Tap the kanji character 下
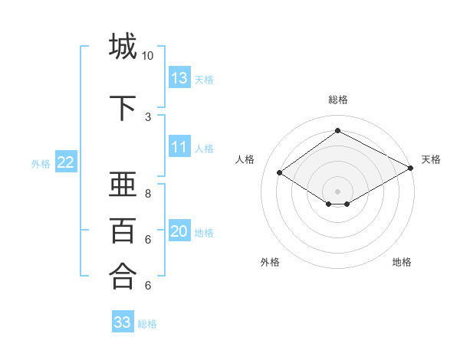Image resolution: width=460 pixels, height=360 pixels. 123,108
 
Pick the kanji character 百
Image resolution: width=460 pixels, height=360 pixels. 123,230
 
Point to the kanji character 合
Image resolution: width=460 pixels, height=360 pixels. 123,276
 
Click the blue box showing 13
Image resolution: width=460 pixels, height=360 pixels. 179,78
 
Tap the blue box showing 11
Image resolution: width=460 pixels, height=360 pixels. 179,147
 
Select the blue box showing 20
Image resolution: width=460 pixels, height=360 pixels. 179,232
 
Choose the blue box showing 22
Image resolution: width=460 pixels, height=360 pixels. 66,162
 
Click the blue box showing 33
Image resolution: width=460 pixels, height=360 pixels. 123,322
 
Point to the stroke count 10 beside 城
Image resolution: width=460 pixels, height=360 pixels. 147,56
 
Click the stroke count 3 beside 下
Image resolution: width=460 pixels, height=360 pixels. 147,116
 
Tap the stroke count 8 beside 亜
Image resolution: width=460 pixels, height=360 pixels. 147,194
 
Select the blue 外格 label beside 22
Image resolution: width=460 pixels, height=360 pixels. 41,163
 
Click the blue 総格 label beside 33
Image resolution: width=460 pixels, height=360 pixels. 147,324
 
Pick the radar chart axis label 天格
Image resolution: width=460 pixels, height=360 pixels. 431,159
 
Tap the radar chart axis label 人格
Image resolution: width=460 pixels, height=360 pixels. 245,159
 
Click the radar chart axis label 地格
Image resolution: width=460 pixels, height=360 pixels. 402,262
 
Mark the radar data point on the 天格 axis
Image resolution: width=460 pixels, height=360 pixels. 412,169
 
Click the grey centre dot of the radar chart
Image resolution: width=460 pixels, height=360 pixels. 337,190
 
